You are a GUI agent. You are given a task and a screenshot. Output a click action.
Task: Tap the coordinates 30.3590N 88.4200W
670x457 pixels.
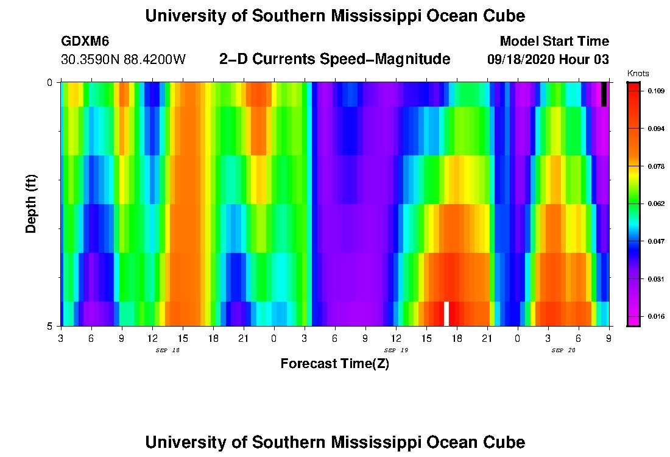123,60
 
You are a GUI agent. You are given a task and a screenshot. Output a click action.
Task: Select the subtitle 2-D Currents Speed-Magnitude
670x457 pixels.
334,59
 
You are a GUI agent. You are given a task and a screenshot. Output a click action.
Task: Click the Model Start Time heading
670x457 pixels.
554,41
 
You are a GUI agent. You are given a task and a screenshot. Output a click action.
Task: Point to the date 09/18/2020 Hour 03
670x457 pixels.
548,60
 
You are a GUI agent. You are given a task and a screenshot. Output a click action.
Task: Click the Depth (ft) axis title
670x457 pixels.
31,204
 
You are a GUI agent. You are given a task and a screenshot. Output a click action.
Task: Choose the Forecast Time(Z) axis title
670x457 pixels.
334,364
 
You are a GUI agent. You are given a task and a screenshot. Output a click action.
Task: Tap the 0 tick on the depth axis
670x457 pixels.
49,82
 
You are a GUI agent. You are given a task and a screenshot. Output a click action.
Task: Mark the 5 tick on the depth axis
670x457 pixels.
49,326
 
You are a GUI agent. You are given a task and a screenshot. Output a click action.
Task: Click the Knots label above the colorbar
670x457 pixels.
638,73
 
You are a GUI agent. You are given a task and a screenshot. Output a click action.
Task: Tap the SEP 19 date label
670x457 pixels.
396,350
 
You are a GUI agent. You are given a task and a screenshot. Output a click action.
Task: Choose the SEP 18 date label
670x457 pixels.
167,350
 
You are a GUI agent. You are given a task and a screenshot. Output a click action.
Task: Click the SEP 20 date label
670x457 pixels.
563,350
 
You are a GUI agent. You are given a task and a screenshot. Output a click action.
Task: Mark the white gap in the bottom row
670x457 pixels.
446,313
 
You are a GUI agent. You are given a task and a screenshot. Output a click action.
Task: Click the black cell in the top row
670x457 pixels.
604,94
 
